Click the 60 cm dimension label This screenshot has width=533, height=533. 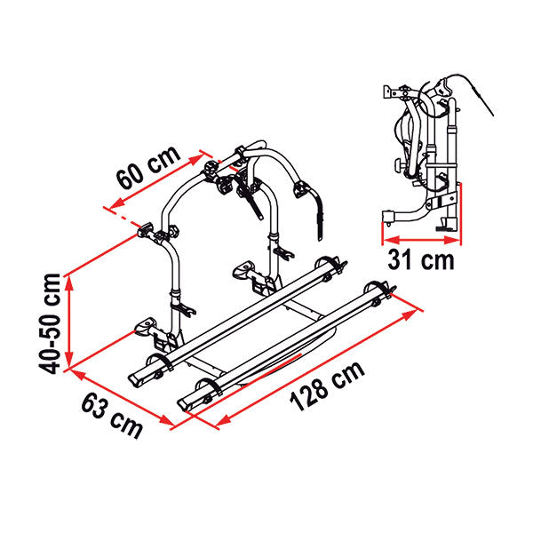[x=147, y=167]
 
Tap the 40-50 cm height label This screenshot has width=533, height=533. [x=50, y=323]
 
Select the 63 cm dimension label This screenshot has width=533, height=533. [x=112, y=416]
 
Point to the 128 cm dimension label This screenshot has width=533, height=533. [x=327, y=386]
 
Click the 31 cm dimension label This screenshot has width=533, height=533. [x=421, y=260]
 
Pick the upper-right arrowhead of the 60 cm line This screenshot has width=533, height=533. [x=196, y=159]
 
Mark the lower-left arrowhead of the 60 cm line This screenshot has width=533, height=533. [x=116, y=203]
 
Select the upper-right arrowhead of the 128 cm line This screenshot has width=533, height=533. [x=410, y=314]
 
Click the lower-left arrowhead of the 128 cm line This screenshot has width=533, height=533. [x=223, y=420]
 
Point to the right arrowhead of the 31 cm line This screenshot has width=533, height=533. [x=452, y=241]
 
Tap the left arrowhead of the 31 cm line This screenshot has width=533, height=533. [x=391, y=241]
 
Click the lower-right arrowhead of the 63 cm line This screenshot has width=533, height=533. [x=167, y=420]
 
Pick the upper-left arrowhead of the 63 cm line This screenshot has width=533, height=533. [x=77, y=374]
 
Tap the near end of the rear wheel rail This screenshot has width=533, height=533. [x=135, y=378]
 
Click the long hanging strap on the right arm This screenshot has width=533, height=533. [x=319, y=217]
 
